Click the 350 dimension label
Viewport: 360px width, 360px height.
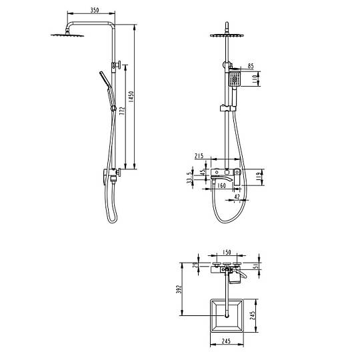(95, 10)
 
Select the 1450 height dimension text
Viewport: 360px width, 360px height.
(131, 97)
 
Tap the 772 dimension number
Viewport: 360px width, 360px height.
(123, 111)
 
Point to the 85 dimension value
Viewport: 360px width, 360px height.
(251, 66)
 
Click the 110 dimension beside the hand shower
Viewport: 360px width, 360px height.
(255, 79)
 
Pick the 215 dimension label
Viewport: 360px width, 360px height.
(199, 156)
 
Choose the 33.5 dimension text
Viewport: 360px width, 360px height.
(189, 178)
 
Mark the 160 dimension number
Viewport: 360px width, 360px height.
(221, 185)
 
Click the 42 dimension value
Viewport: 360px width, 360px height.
(237, 197)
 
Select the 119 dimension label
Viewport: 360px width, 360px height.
(258, 177)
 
